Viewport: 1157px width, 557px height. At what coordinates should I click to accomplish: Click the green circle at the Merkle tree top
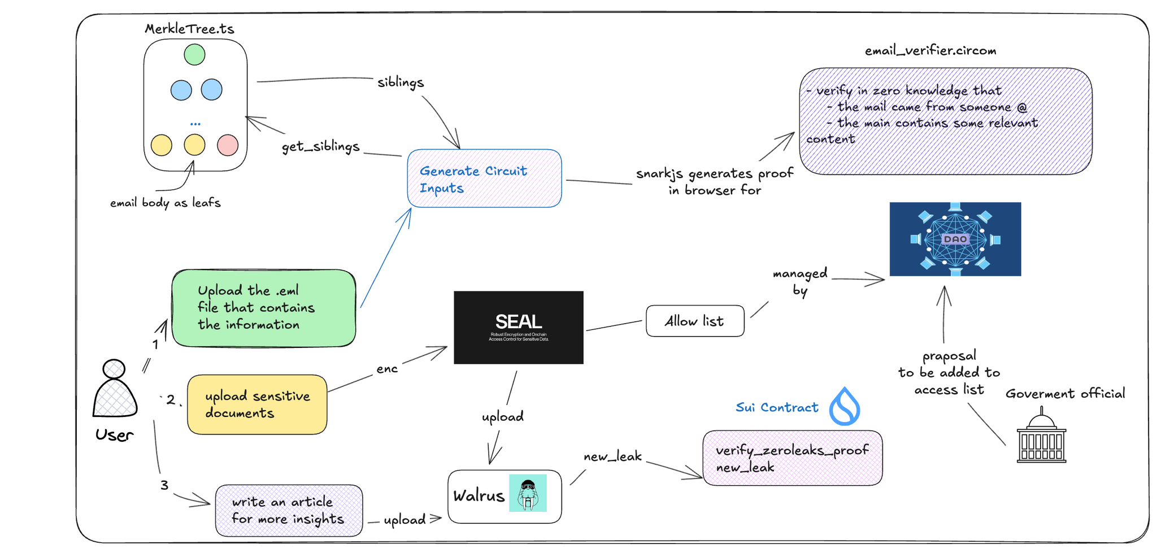[x=194, y=54]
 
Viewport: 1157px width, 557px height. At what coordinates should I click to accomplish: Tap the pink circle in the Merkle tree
[x=228, y=145]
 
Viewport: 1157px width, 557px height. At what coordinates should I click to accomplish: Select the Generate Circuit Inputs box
[x=484, y=179]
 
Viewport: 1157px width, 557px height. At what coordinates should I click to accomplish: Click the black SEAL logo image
[x=519, y=327]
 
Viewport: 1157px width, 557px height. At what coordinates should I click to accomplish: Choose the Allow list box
[x=695, y=321]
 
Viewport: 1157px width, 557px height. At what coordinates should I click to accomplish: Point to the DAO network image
[x=955, y=239]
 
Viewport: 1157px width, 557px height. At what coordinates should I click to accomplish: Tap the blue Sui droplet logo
[x=845, y=407]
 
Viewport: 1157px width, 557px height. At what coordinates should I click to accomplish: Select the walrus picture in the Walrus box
[x=528, y=493]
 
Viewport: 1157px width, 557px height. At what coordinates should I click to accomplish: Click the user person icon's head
[x=114, y=369]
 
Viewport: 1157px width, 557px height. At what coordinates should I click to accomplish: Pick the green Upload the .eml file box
[x=264, y=308]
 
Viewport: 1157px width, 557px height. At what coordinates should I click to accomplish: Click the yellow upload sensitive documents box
[x=257, y=404]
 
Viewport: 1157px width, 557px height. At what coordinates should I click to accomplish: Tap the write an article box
[x=289, y=510]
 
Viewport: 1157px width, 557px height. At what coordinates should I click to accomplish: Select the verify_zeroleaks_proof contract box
[x=792, y=458]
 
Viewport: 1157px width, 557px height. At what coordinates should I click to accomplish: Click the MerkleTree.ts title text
[x=189, y=29]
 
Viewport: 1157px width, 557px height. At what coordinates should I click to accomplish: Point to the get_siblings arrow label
[x=320, y=147]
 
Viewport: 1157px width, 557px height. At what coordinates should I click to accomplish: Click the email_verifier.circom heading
[x=930, y=51]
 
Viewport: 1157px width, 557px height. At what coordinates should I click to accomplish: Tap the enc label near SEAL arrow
[x=387, y=369]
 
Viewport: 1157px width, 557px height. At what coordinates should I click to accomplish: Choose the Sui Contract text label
[x=777, y=407]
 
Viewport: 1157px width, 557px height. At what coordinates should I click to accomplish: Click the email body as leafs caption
[x=165, y=203]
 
